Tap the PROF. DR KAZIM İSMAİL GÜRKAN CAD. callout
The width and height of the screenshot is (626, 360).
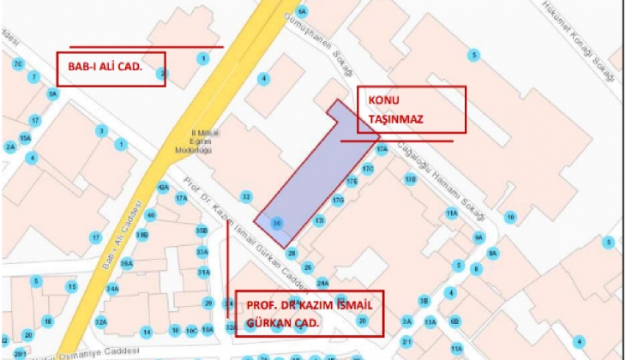(309, 314)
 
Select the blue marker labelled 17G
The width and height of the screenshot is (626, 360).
(338, 201)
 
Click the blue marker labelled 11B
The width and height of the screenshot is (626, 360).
(411, 180)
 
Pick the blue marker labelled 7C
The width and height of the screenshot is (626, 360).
(17, 63)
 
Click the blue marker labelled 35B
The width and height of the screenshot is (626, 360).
(202, 231)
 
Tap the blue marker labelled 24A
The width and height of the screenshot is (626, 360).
(323, 282)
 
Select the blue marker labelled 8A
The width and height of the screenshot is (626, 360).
(493, 253)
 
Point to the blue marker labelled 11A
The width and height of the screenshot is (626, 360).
(451, 213)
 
